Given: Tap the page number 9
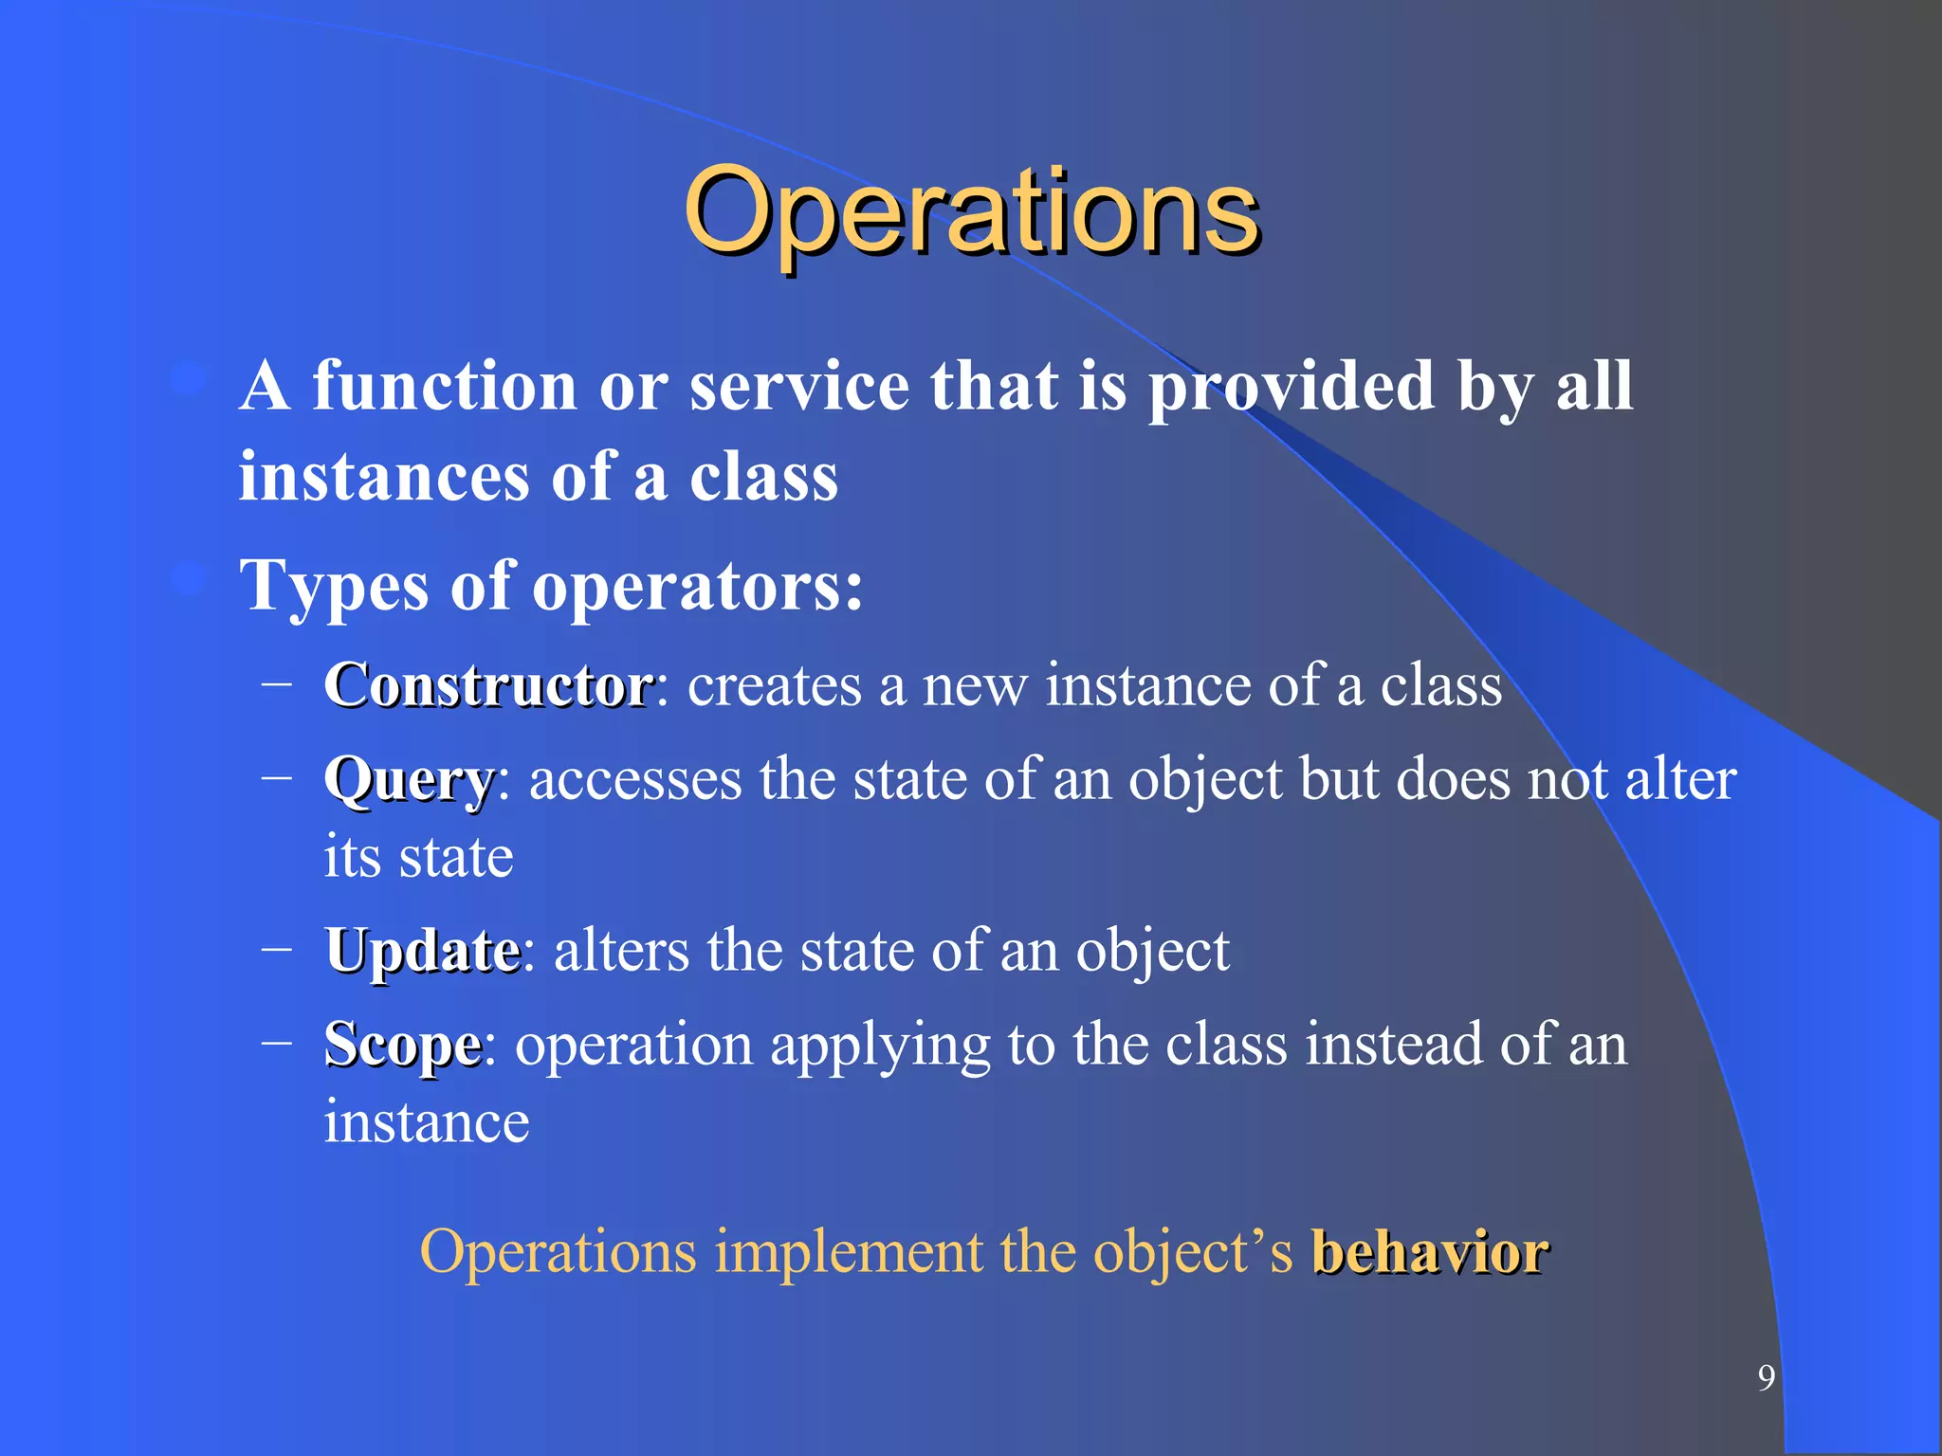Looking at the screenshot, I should pyautogui.click(x=1766, y=1377).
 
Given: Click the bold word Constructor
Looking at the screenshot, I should pyautogui.click(x=488, y=684).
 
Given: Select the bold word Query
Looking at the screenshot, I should pyautogui.click(x=409, y=781).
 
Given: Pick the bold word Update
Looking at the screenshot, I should pyautogui.click(x=422, y=951).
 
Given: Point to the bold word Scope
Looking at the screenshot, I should pyautogui.click(x=403, y=1046).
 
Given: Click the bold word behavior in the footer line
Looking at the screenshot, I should pyautogui.click(x=1430, y=1252).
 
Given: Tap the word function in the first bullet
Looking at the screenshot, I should pyautogui.click(x=444, y=387).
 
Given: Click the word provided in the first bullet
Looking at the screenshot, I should pyautogui.click(x=1292, y=387).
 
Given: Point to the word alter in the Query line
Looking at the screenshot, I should pyautogui.click(x=1680, y=779).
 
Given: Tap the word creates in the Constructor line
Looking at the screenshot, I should pyautogui.click(x=774, y=685).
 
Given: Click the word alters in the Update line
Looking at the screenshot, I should pyautogui.click(x=621, y=951).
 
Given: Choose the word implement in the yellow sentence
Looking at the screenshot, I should pyautogui.click(x=849, y=1252).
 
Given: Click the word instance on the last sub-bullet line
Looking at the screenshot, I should pyautogui.click(x=427, y=1122).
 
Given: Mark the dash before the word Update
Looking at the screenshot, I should pyautogui.click(x=276, y=949).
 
